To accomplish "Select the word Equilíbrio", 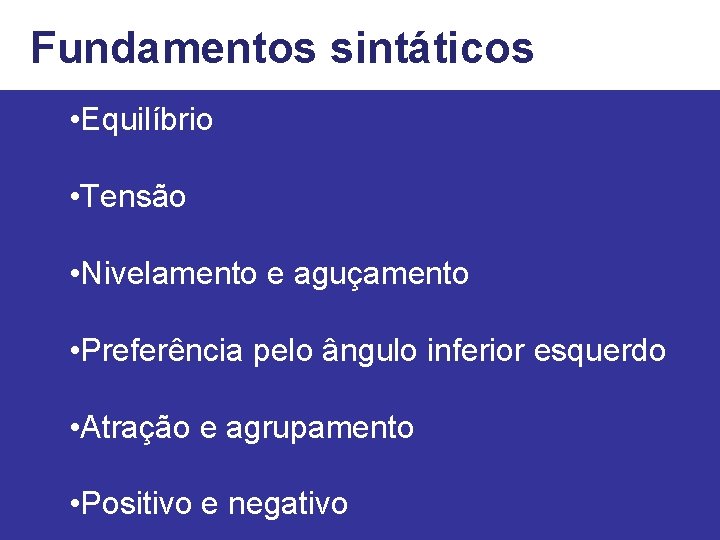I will pos(147,121).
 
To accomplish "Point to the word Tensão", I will pos(134,197).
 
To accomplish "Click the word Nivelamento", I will pos(169,274).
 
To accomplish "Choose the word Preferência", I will pos(162,351).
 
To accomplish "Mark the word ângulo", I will pos(371,352).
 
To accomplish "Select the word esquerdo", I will pos(600,352).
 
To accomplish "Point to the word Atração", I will pos(136,428).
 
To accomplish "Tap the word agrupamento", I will pos(320,429).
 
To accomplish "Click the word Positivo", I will pos(137,504).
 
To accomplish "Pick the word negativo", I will pos(288,505).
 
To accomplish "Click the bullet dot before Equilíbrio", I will pos(76,122).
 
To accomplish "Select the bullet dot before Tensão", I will pos(76,198).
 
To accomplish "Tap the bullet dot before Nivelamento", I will pos(76,274).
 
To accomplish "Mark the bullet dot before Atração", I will pos(76,429).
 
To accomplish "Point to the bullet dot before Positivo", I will pos(76,505).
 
